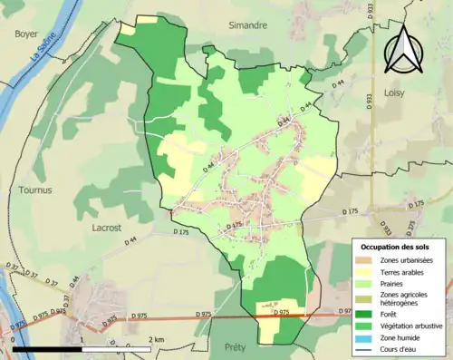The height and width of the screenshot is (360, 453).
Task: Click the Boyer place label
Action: click(x=26, y=34)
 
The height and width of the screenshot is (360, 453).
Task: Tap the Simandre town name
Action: click(x=248, y=26)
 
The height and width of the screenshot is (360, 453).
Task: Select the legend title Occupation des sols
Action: click(x=396, y=247)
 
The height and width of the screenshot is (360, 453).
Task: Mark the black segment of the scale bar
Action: click(x=46, y=349)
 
